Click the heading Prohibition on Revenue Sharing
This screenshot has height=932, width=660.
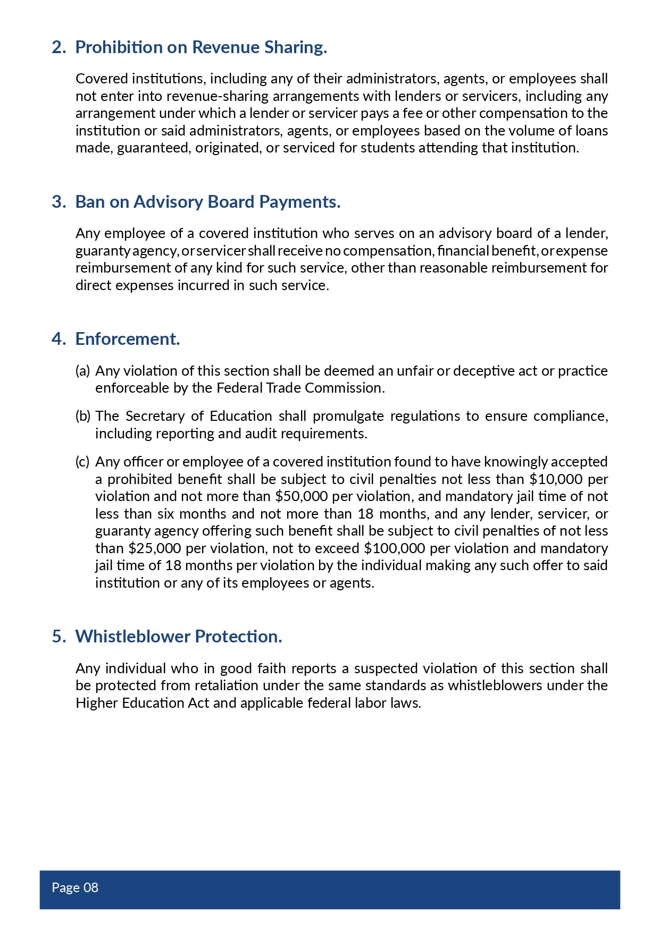201,47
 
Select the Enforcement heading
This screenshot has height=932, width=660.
128,339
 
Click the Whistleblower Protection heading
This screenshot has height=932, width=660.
179,637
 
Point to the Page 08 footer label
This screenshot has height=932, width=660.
75,888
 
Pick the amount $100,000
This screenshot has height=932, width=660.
394,548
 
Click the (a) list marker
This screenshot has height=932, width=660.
82,371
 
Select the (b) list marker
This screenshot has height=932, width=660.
83,416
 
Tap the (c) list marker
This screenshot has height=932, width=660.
82,462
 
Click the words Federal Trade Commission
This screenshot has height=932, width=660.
299,388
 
